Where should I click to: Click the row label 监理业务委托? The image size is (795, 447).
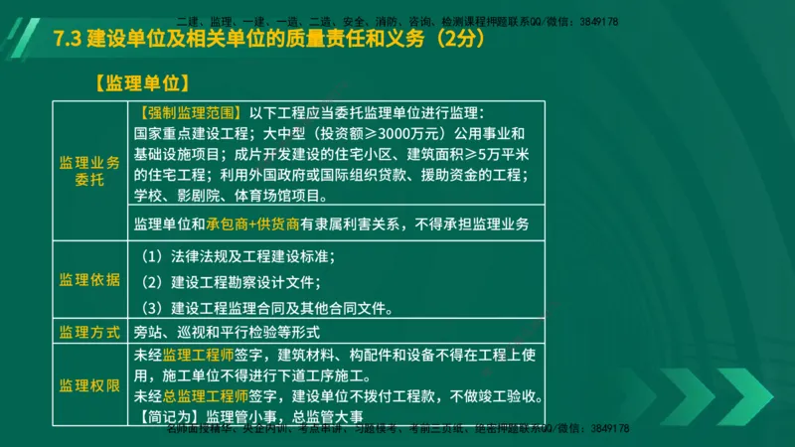(89, 170)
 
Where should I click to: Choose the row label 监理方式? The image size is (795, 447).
(89, 331)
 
